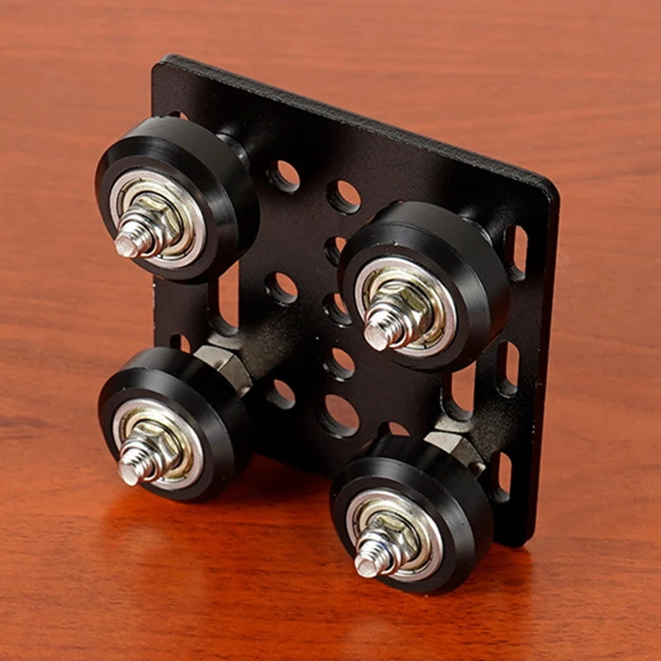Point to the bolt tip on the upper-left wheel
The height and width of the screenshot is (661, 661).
point(126,244)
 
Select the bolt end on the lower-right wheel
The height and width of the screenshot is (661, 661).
point(366,565)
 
